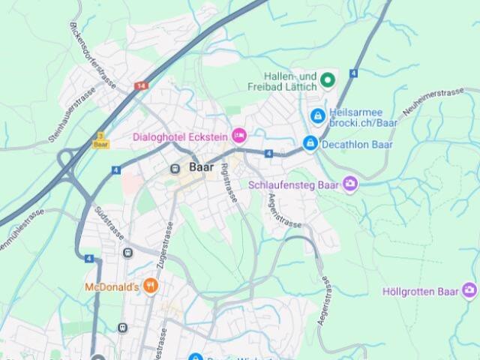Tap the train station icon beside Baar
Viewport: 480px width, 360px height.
(x=175, y=168)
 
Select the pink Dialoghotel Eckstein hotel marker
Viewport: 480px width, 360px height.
(x=239, y=135)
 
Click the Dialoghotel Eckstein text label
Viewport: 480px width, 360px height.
(x=180, y=136)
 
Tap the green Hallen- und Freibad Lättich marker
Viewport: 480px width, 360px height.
(x=327, y=79)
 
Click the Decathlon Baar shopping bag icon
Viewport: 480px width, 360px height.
(x=309, y=142)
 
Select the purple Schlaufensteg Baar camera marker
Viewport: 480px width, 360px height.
(x=350, y=184)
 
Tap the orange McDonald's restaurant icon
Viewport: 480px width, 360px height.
(x=151, y=286)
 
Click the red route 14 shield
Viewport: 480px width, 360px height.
(x=140, y=86)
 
